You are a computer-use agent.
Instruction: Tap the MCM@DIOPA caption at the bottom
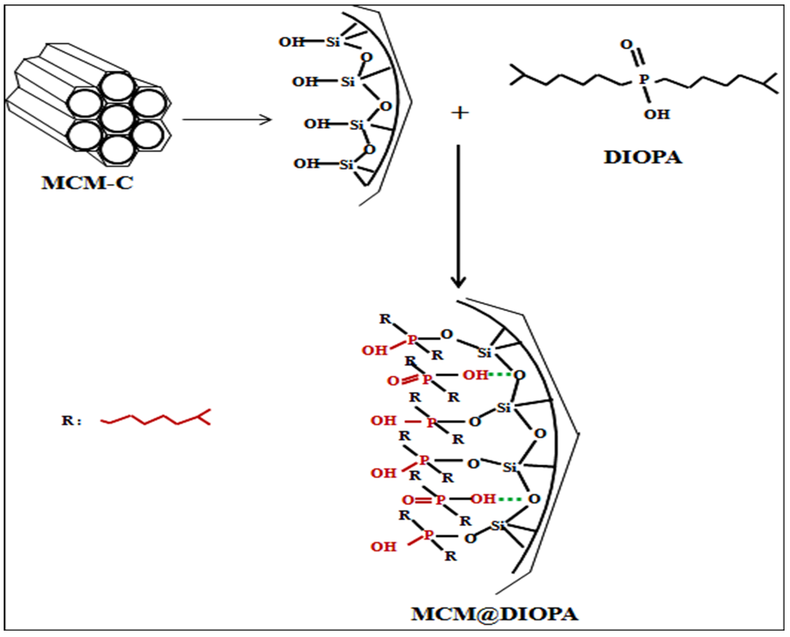(x=494, y=614)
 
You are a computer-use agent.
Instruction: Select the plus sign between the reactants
(x=460, y=113)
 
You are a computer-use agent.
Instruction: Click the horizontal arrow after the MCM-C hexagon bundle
(x=227, y=119)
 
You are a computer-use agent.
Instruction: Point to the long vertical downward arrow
(x=458, y=216)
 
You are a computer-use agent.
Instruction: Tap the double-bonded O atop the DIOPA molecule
(x=626, y=44)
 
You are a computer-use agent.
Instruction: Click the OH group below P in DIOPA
(x=657, y=114)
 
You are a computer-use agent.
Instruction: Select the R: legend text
(x=71, y=421)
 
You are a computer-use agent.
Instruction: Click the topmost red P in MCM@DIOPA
(x=412, y=340)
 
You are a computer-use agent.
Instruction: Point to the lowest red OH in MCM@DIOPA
(x=383, y=547)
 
